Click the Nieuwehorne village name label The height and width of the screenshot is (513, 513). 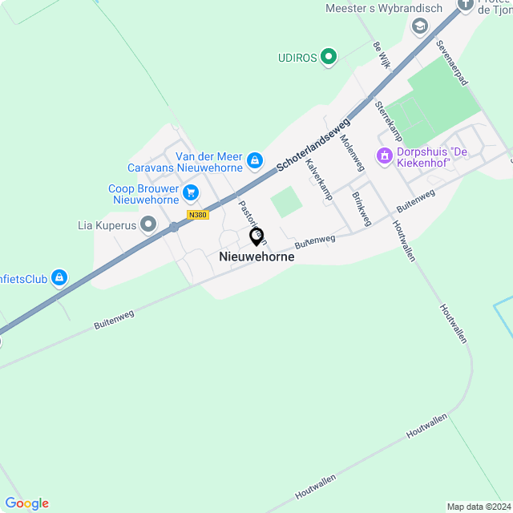coord(256,257)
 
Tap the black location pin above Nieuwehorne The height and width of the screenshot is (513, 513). coord(257,236)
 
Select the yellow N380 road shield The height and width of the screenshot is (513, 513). coord(197,215)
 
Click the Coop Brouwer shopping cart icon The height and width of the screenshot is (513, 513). coord(191,192)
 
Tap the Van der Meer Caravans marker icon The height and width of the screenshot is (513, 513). coord(254,160)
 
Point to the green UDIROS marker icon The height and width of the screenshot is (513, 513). coord(328,57)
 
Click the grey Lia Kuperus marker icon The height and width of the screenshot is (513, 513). coord(148,224)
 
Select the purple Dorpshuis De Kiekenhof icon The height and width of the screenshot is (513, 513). coord(384,156)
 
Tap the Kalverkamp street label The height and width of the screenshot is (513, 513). coord(319,179)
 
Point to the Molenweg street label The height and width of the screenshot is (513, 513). coord(352,151)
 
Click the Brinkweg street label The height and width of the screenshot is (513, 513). coord(362,208)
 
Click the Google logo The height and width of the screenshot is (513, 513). coord(26,503)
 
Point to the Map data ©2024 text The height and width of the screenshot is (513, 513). coord(479,507)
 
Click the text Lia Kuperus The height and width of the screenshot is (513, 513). coord(107,225)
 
